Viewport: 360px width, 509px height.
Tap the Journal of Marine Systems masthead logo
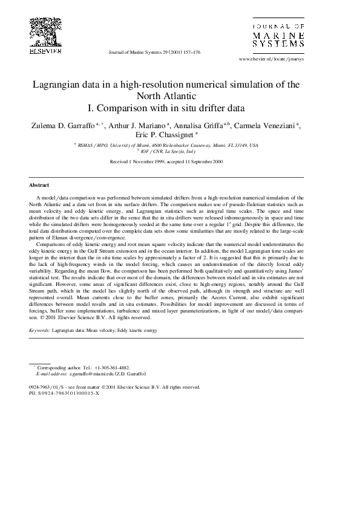278,36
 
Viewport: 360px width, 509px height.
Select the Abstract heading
39,185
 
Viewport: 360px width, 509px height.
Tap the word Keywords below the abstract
39,331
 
